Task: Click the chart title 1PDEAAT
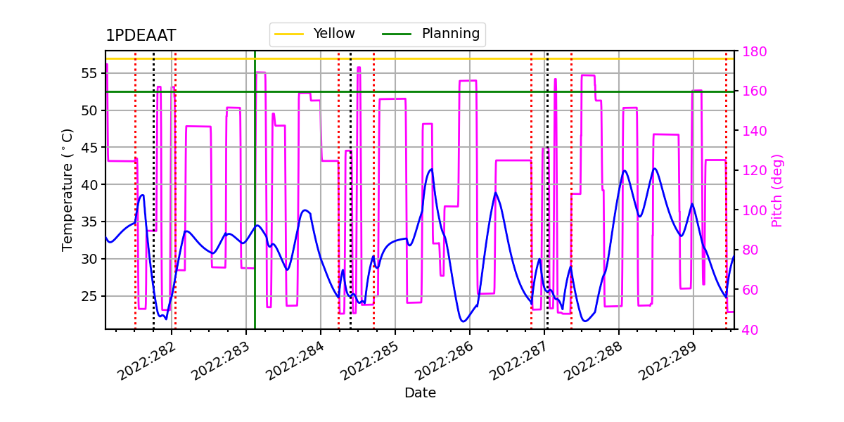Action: click(141, 36)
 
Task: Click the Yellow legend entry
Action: click(333, 34)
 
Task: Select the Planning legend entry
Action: click(450, 34)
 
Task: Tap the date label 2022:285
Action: click(370, 362)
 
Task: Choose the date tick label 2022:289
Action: click(668, 362)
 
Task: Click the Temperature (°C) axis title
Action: click(68, 190)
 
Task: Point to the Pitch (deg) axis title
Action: click(777, 190)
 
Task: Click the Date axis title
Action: click(420, 393)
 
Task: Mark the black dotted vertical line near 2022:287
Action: click(547, 211)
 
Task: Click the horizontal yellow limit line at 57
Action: click(422, 58)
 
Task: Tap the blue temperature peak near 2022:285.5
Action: click(431, 169)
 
